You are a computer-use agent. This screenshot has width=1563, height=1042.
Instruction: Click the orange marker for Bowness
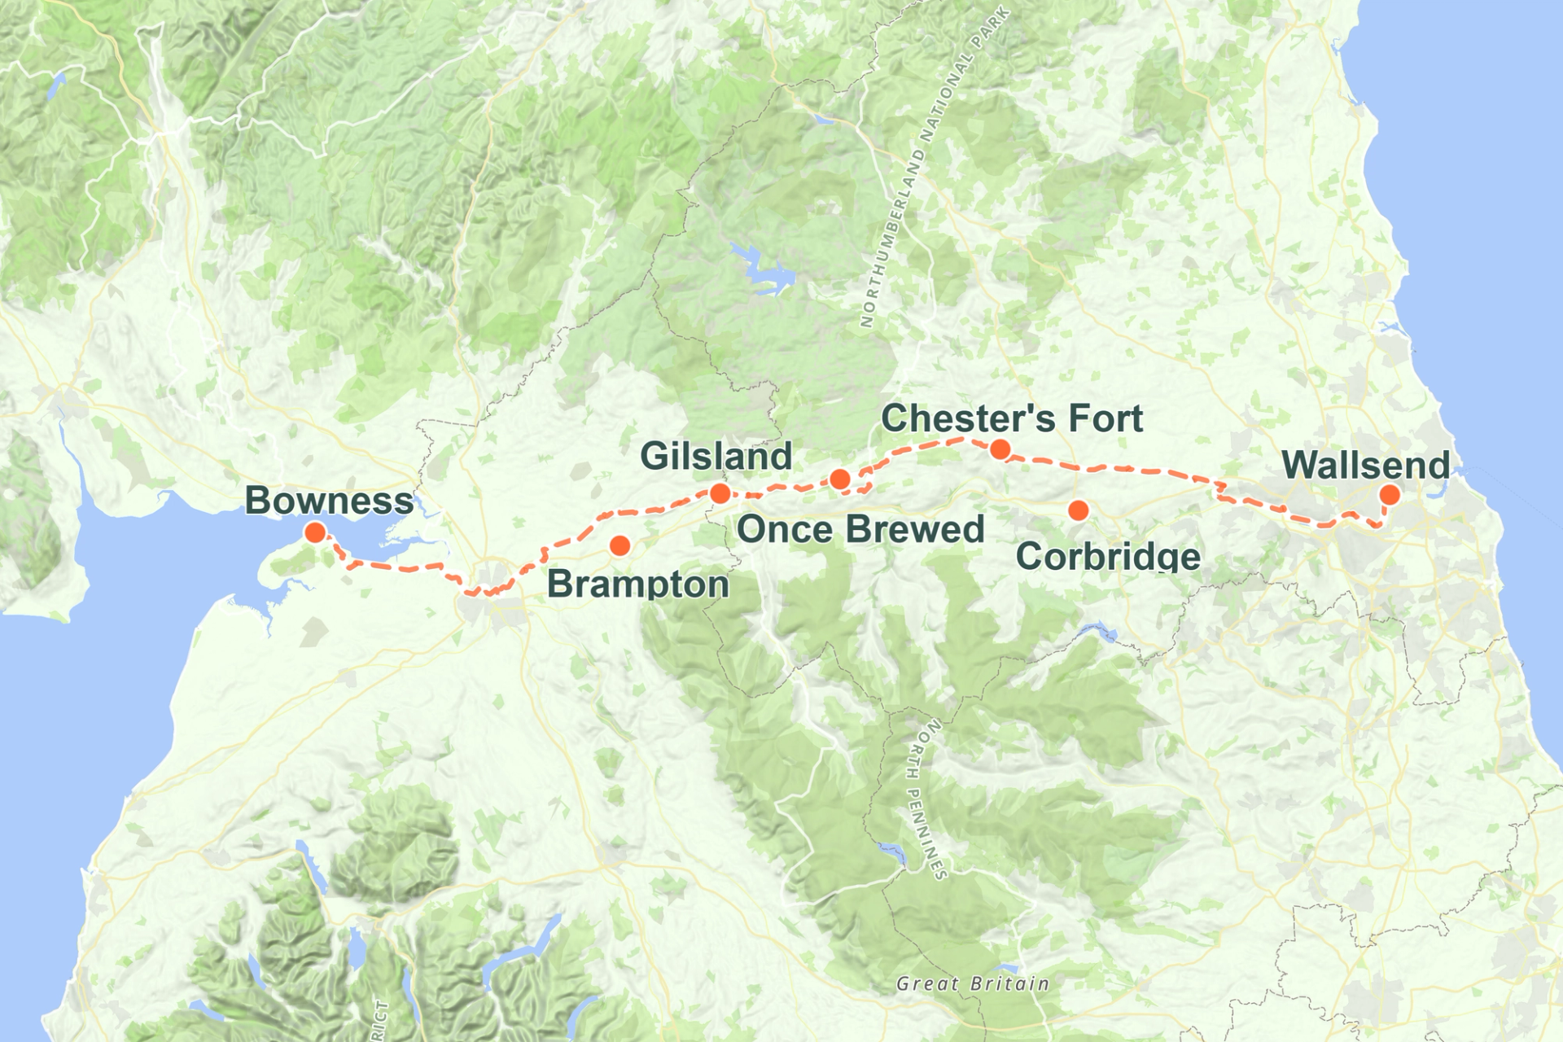tap(315, 532)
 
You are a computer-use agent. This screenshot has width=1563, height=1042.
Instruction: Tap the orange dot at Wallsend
tap(1390, 494)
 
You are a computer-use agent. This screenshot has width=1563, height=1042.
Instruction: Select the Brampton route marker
tap(620, 545)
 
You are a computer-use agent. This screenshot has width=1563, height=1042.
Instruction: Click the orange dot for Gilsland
tap(720, 493)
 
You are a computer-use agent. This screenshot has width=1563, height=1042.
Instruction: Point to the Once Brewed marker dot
tap(840, 479)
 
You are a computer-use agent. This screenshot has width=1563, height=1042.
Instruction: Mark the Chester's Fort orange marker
tap(1000, 449)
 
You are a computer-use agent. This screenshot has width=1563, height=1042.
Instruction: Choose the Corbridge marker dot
tap(1078, 510)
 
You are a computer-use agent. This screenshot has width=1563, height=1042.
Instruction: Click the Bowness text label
tap(329, 501)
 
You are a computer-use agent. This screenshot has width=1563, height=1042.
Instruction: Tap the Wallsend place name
tap(1365, 466)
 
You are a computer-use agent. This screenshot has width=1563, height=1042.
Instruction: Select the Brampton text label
tap(637, 584)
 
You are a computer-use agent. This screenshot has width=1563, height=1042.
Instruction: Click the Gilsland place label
tap(716, 456)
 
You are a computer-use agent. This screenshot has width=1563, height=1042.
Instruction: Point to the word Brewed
tap(915, 530)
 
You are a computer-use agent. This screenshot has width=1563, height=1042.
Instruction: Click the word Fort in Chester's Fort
tap(1105, 418)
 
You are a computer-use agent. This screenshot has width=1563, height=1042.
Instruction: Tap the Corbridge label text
tap(1108, 557)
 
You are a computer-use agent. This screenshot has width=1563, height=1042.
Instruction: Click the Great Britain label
tap(973, 983)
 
